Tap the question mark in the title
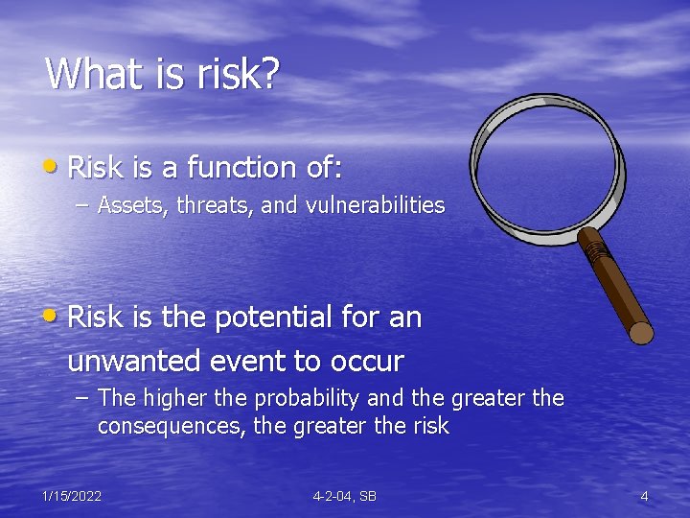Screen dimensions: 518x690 [267, 74]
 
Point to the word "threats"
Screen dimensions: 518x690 [207, 205]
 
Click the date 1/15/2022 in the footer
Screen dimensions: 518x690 [72, 496]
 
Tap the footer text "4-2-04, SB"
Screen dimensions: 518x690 [344, 496]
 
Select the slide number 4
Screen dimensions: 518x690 [644, 496]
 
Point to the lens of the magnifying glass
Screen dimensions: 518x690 [546, 158]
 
